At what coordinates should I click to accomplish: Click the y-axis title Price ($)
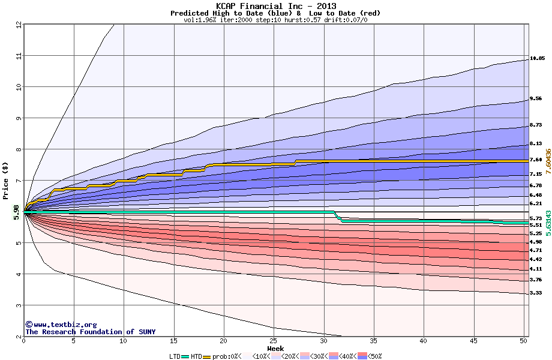pos(5,181)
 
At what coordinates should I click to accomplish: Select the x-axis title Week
pos(276,348)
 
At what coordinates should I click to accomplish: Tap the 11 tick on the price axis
pos(18,56)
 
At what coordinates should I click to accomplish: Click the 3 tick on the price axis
pos(18,305)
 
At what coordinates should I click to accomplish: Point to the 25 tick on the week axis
pos(274,341)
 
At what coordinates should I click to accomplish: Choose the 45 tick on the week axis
pos(473,341)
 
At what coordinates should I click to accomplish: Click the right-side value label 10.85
pos(537,59)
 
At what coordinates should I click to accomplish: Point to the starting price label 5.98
pos(16,213)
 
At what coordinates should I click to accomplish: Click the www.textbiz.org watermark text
pos(61,325)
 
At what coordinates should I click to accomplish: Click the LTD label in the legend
pos(175,356)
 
